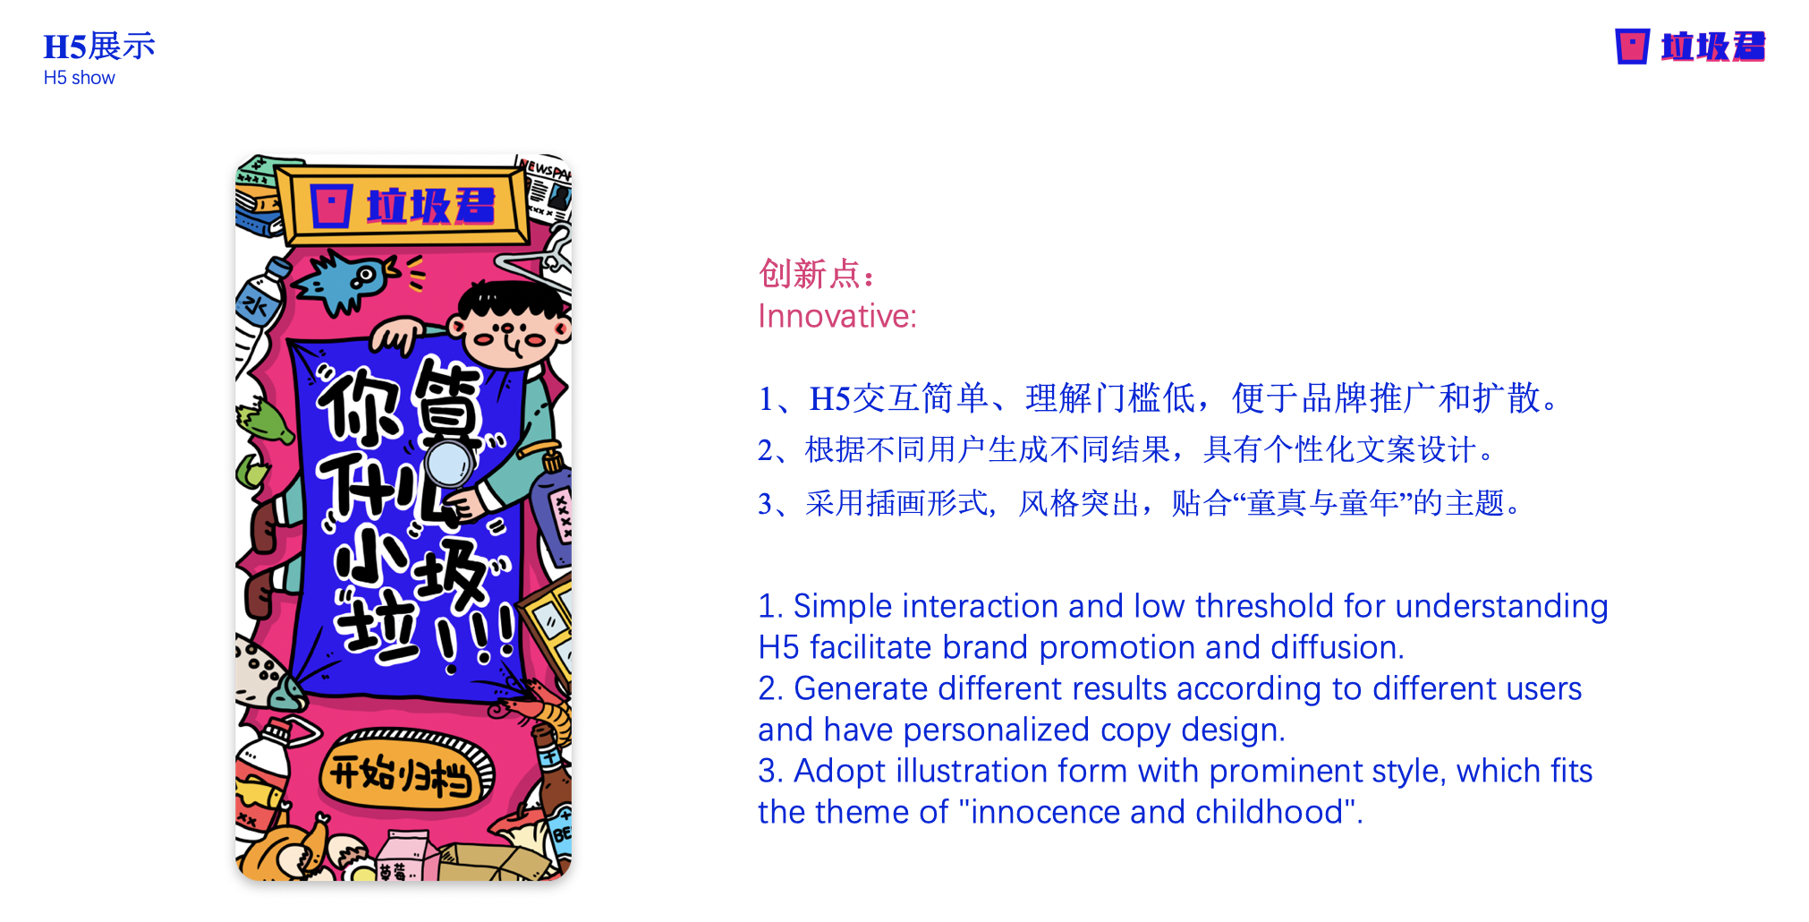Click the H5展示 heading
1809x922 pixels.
[x=99, y=47]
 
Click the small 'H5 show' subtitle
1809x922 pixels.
[x=80, y=78]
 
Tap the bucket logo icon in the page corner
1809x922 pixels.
[x=1632, y=47]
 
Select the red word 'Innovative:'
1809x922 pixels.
[x=837, y=316]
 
